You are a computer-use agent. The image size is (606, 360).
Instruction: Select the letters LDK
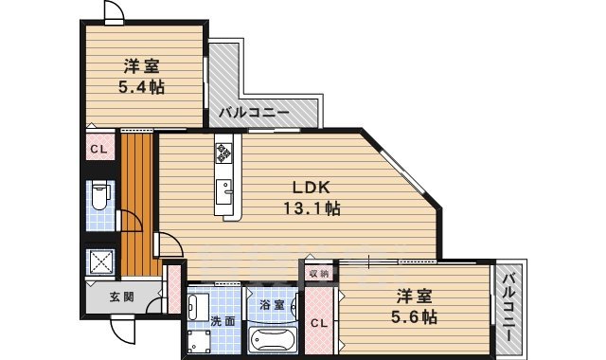point(308,187)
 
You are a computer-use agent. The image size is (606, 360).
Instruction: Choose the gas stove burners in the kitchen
point(224,151)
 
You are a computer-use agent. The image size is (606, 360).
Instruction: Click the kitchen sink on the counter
point(225,191)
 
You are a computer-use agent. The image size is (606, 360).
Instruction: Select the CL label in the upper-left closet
point(98,149)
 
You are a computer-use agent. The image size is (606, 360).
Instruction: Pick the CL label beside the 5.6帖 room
point(320,322)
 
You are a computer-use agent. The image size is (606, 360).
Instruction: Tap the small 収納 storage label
point(318,273)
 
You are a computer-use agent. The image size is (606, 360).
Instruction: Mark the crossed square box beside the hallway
point(98,261)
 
